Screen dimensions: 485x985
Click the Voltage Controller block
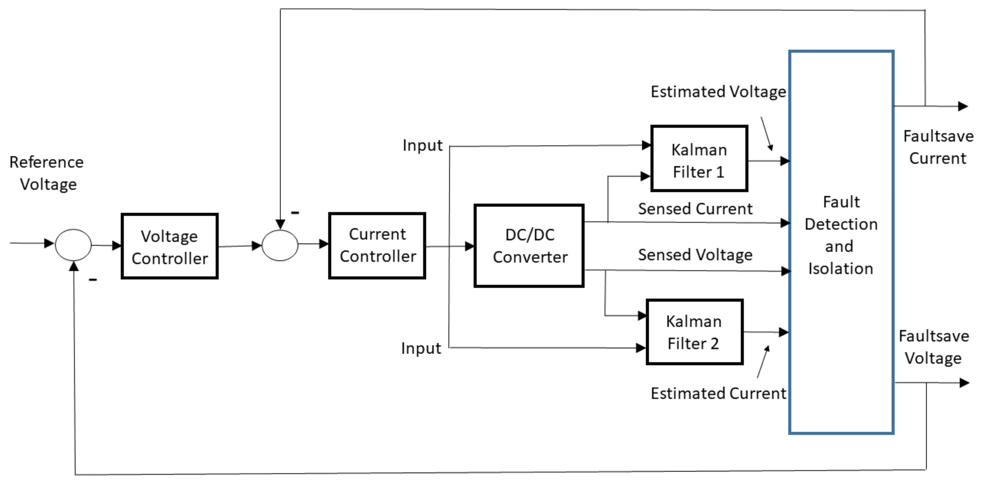pos(169,247)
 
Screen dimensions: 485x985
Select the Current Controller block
pos(377,246)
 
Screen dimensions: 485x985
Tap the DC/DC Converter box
pos(529,246)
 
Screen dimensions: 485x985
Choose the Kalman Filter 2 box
pos(694,332)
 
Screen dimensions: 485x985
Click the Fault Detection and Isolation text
pos(840,235)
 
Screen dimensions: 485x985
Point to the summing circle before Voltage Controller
pos(73,245)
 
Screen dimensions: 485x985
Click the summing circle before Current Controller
pos(280,245)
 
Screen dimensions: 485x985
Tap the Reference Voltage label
pos(47,173)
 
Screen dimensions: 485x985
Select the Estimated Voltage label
pos(718,92)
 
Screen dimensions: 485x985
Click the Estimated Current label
pos(718,393)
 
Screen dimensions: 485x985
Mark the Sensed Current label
pos(695,209)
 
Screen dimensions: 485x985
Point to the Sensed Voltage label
pos(695,255)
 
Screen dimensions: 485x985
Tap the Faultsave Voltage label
pos(933,347)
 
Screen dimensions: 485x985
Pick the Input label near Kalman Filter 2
pos(421,348)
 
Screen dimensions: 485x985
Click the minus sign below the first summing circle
pos(93,280)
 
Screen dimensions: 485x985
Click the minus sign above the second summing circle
pos(295,213)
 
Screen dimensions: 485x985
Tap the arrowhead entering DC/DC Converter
pos(470,246)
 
